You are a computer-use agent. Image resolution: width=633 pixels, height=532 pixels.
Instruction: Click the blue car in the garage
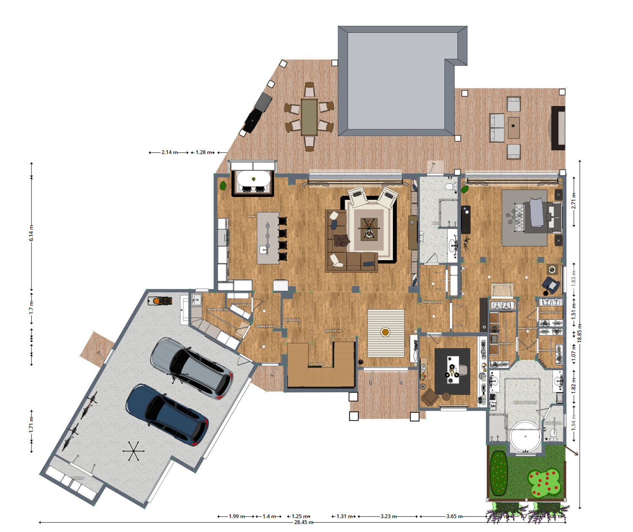pos(168,415)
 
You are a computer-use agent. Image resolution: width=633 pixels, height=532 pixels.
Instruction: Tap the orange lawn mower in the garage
pos(160,301)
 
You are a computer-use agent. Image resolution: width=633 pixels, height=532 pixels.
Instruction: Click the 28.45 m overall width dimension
pos(303,522)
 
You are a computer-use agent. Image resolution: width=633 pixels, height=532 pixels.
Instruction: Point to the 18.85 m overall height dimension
pos(579,332)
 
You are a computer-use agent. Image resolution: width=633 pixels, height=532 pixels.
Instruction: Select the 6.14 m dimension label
pos(31,233)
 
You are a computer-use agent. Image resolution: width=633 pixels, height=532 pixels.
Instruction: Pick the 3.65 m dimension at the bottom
pos(454,516)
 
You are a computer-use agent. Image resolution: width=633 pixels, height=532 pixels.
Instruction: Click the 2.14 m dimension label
pos(169,152)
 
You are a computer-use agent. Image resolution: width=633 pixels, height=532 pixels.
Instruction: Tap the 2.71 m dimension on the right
pos(574,201)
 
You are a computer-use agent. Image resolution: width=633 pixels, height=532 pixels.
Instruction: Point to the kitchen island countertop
pos(268,238)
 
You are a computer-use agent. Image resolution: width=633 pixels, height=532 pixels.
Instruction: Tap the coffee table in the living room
pos(369,229)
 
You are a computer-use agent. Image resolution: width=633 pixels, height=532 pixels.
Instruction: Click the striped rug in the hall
pos(386,333)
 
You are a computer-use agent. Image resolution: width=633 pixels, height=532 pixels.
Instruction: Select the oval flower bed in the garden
pos(499,473)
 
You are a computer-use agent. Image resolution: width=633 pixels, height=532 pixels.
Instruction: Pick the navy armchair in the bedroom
pos(551,285)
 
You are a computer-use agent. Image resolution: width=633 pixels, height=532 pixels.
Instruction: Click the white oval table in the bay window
pos(253,179)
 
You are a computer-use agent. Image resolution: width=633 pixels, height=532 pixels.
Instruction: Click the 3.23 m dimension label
pos(388,516)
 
